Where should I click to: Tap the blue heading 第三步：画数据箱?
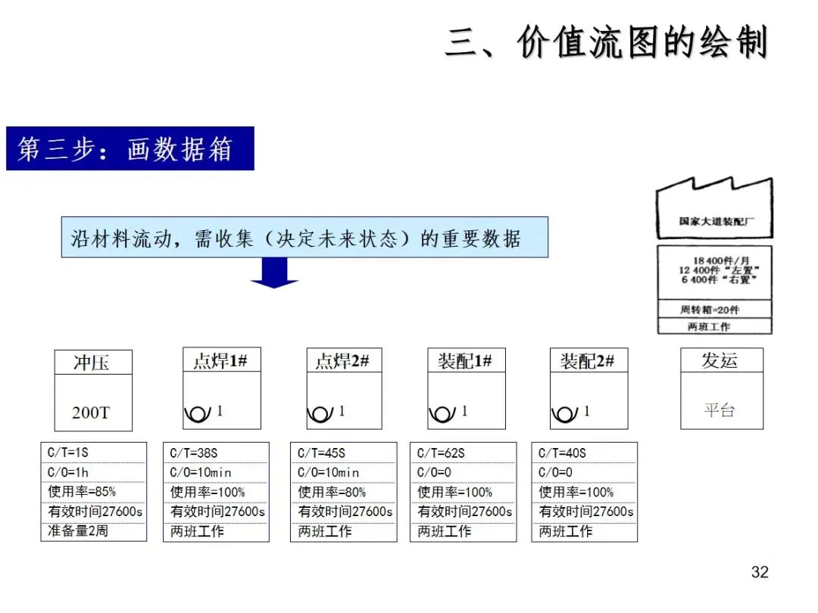[130, 148]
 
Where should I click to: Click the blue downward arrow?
[274, 273]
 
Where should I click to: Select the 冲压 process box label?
[92, 363]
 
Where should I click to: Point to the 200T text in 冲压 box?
[91, 412]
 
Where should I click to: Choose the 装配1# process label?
[465, 361]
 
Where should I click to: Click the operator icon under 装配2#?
[565, 413]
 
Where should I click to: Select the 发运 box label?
[720, 360]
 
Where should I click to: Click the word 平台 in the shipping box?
[720, 411]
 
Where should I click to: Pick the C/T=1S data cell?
[92, 453]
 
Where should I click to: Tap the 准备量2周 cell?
[92, 531]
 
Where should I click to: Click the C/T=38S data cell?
[216, 453]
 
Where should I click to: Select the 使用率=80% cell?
[343, 492]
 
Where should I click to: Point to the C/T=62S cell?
[463, 453]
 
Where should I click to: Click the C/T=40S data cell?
[584, 453]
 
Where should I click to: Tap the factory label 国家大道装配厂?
[715, 222]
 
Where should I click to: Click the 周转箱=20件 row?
[714, 310]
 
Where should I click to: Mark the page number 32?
[760, 572]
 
